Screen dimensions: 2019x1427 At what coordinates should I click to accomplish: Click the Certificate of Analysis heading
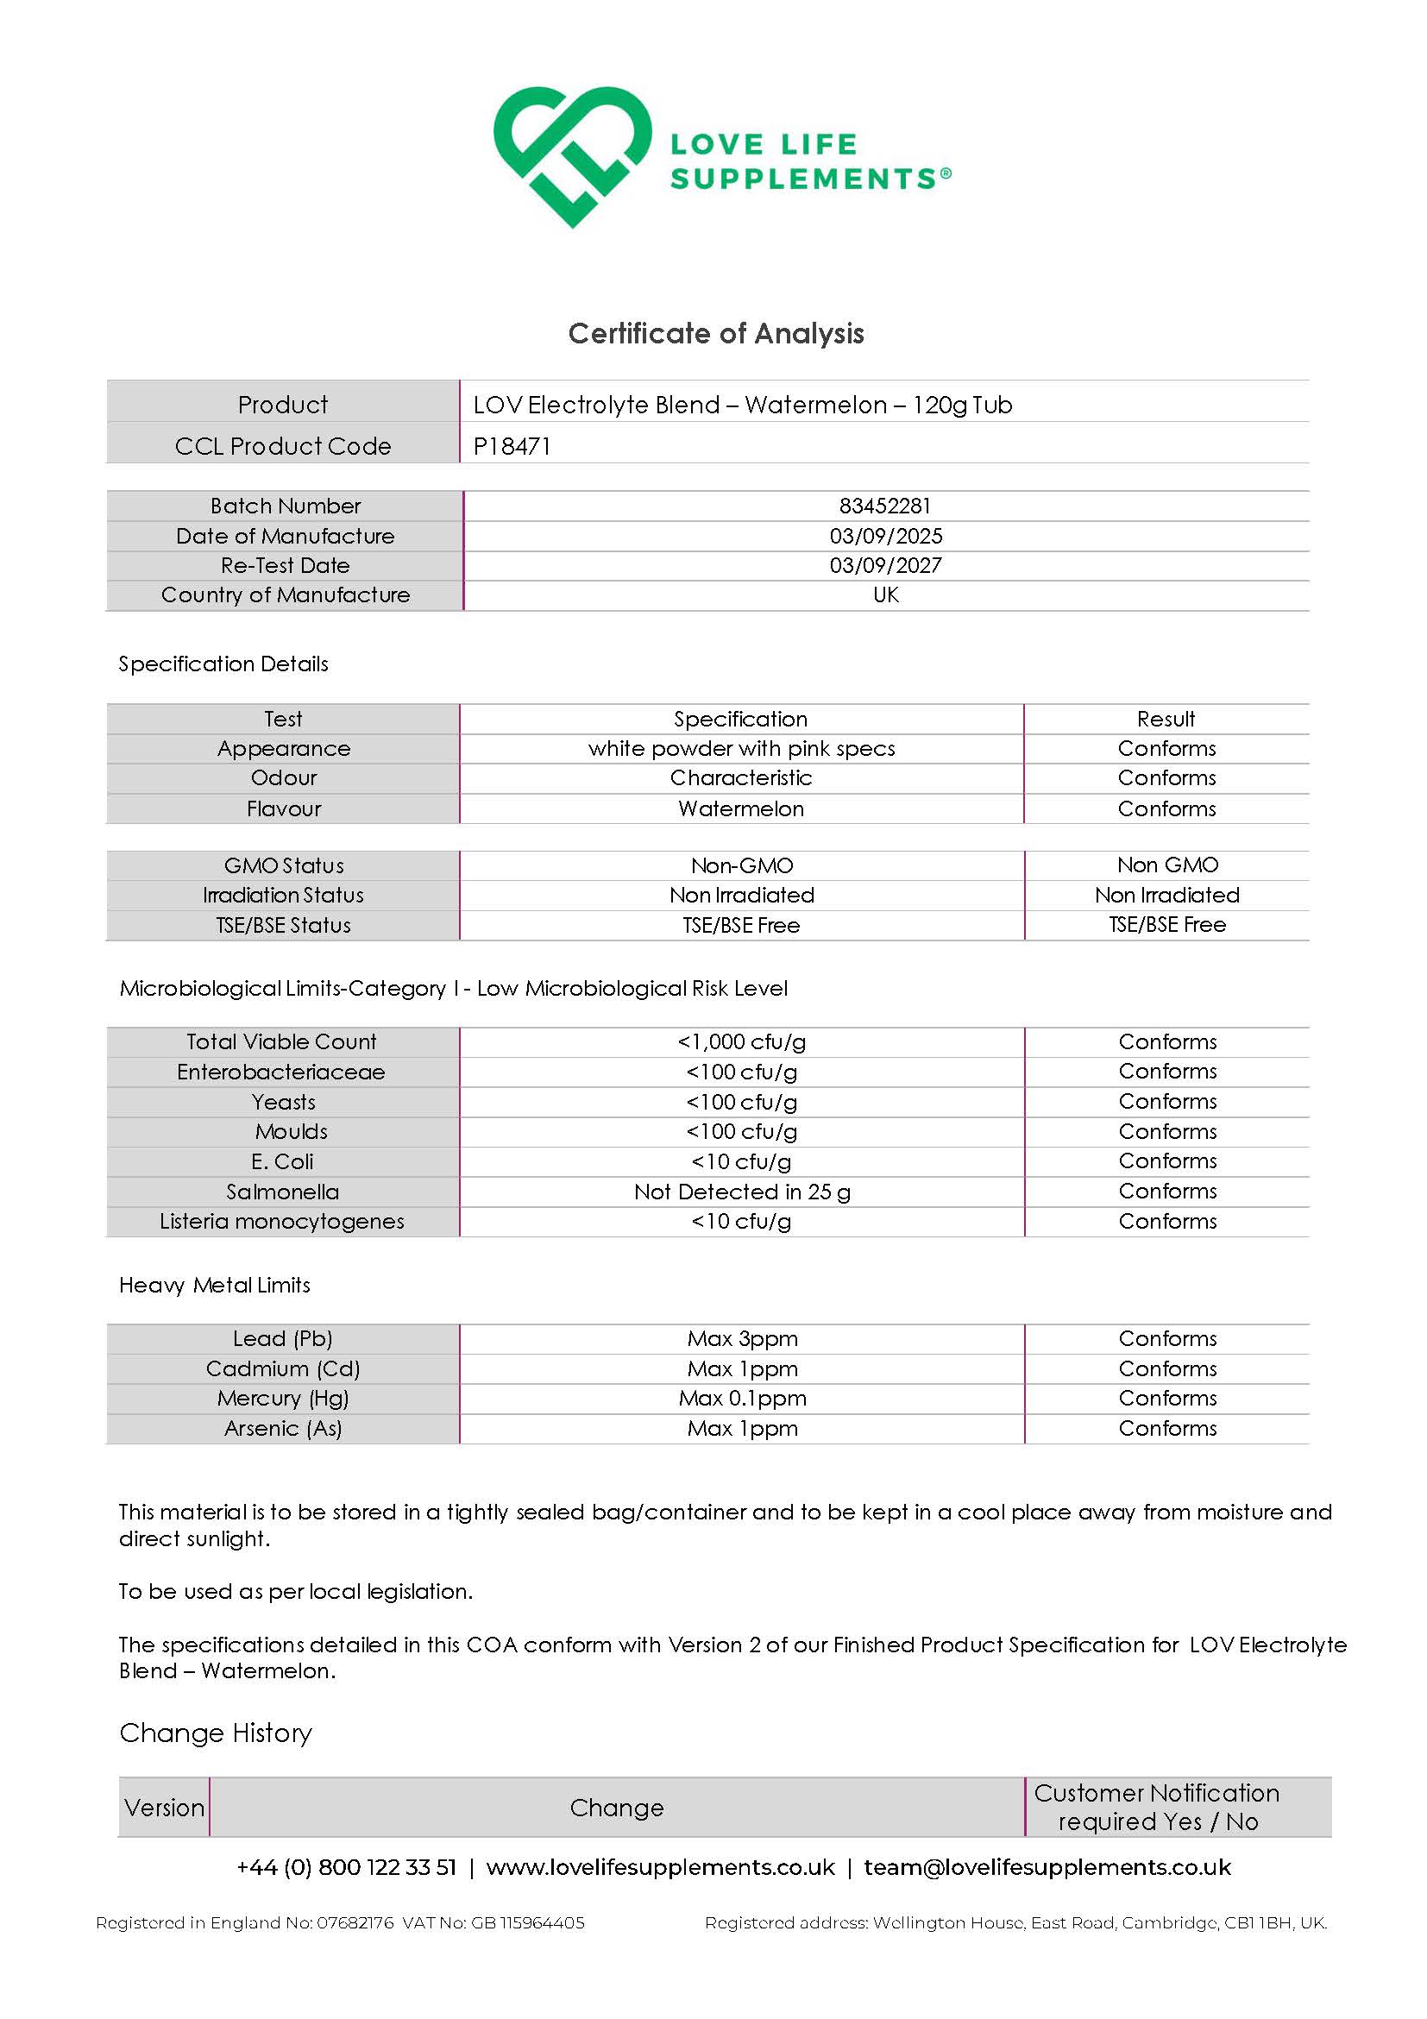(x=716, y=333)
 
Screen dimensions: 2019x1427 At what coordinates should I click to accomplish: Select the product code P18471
(x=512, y=447)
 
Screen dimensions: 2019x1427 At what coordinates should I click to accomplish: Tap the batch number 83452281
(x=884, y=506)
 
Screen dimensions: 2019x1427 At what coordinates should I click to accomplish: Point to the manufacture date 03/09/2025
(x=885, y=536)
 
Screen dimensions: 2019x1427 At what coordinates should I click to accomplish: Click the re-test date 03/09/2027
(x=885, y=565)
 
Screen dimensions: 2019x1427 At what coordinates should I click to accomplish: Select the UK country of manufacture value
(x=885, y=595)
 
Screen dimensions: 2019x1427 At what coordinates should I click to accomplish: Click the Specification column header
(x=740, y=720)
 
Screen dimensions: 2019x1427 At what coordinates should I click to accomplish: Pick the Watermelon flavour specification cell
(x=740, y=809)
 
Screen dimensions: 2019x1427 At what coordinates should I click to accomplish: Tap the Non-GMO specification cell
(x=741, y=865)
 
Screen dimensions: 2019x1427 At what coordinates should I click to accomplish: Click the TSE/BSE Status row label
(x=283, y=925)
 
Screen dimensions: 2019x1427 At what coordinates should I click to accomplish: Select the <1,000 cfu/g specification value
(x=741, y=1042)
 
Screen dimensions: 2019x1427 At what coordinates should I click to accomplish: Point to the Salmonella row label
(x=282, y=1192)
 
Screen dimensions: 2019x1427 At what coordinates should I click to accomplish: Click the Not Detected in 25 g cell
(x=741, y=1192)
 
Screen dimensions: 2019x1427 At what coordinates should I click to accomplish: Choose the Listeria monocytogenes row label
(x=282, y=1222)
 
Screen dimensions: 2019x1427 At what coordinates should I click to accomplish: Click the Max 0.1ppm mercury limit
(x=742, y=1398)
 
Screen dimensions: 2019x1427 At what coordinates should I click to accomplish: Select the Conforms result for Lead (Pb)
(x=1166, y=1338)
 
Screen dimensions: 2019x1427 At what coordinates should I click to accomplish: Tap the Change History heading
(x=216, y=1733)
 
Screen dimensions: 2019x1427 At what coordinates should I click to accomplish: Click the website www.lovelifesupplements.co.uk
(x=660, y=1867)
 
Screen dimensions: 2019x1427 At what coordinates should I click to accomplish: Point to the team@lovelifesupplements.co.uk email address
(x=1047, y=1867)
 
